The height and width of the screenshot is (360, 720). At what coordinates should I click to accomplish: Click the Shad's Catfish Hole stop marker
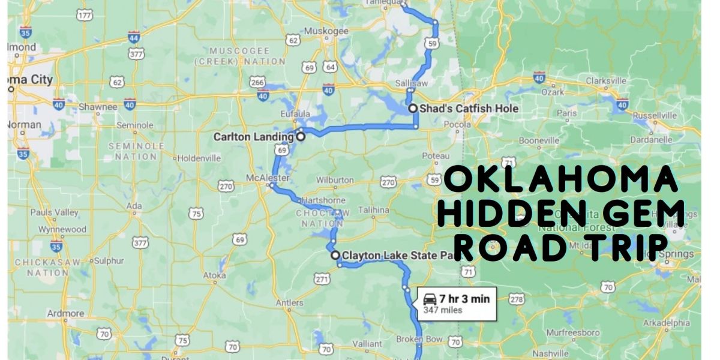tap(413, 109)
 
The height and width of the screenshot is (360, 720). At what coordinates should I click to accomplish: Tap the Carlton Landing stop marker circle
tap(300, 137)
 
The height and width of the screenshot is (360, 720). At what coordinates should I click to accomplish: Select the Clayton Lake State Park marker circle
tap(335, 255)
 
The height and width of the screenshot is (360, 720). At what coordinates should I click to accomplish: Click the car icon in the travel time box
tap(430, 298)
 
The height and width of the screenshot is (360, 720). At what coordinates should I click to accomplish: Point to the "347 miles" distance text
tap(443, 310)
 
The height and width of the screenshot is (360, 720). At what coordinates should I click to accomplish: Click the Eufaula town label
tap(295, 114)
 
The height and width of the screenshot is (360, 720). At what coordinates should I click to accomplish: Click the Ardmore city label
tap(65, 313)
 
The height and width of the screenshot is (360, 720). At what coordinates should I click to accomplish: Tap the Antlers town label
tap(289, 303)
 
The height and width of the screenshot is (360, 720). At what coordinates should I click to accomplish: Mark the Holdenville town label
tap(200, 158)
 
